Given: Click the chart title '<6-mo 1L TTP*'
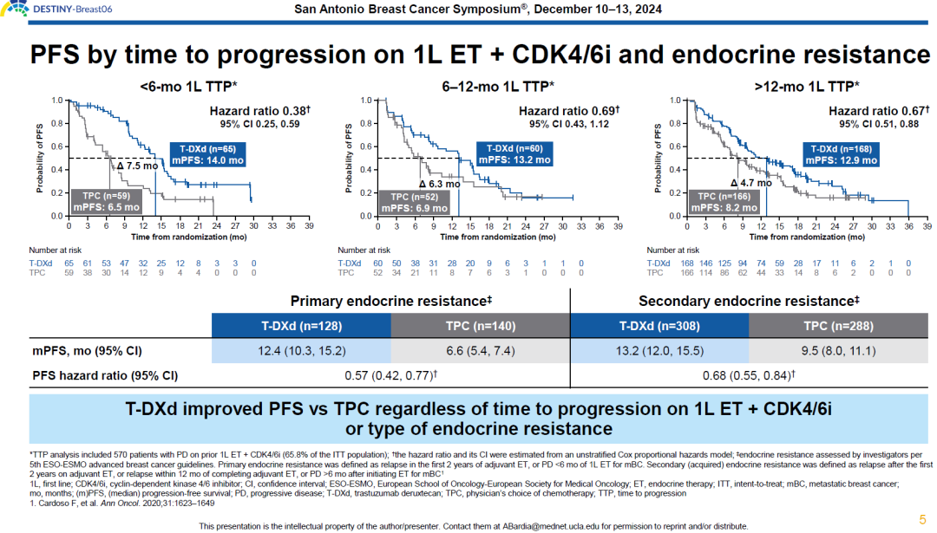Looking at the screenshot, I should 188,87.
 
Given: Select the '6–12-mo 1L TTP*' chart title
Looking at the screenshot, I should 498,87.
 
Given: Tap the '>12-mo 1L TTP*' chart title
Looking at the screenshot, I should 807,87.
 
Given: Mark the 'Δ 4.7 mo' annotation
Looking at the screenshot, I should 750,183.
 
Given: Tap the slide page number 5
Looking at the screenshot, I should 922,519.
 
